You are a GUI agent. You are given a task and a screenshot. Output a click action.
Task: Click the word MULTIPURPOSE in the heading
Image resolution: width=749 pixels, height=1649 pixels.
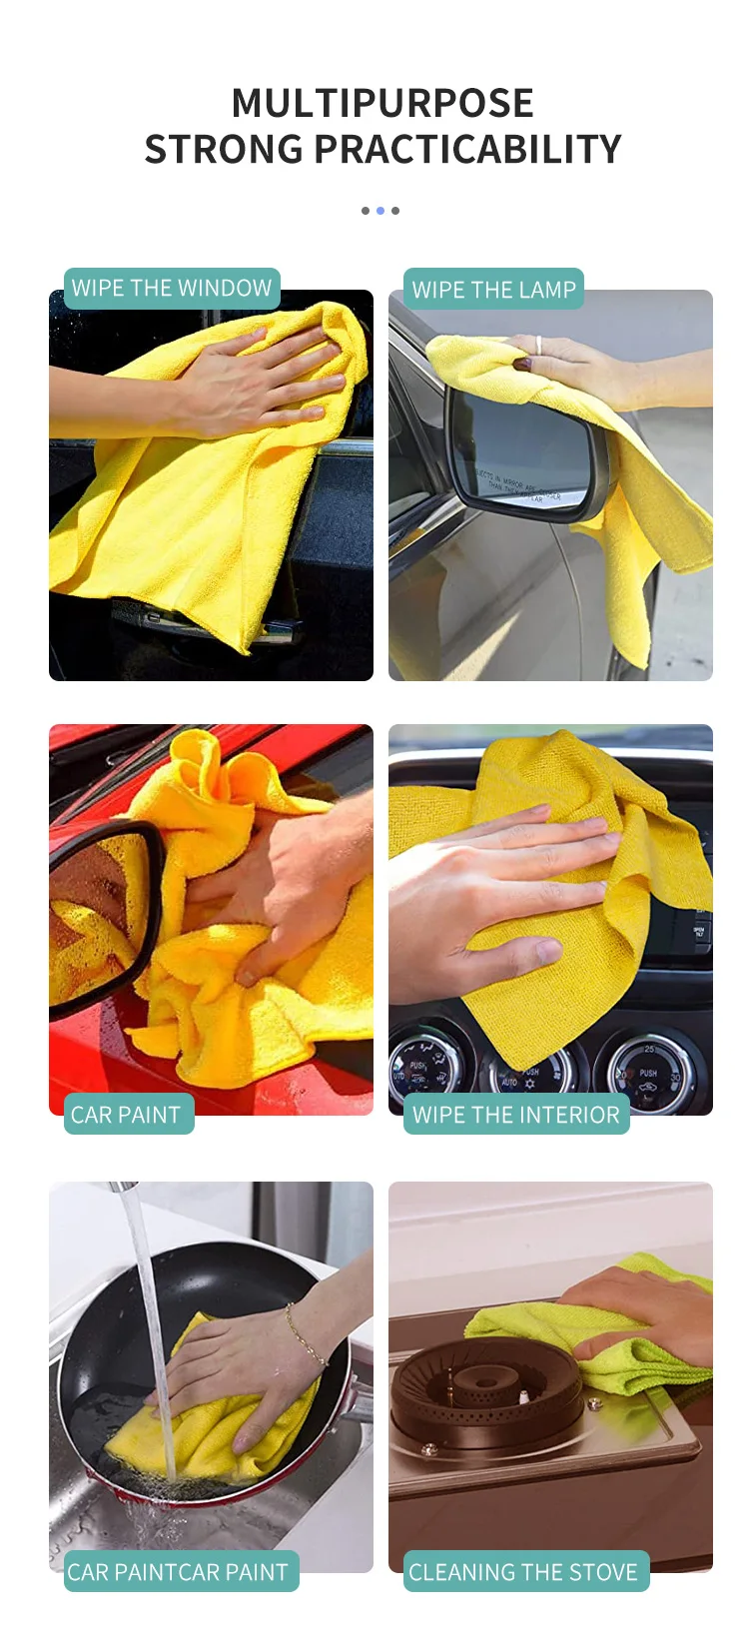click(382, 103)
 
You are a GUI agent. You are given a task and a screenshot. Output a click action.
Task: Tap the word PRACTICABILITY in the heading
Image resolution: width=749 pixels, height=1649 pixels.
click(467, 150)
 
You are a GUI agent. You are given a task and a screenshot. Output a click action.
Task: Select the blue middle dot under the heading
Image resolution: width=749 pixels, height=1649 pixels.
click(379, 211)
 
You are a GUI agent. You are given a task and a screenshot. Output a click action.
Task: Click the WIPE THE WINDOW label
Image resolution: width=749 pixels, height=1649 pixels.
click(172, 289)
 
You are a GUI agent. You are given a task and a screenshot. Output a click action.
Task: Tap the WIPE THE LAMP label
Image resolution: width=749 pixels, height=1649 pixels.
click(494, 290)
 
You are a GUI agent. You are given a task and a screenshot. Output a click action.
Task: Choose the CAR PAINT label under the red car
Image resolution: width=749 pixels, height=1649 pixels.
click(125, 1115)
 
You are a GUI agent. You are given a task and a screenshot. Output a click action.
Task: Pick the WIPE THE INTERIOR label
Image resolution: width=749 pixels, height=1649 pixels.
click(516, 1115)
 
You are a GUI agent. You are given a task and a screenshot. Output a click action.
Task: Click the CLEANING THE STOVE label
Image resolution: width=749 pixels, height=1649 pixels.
click(523, 1572)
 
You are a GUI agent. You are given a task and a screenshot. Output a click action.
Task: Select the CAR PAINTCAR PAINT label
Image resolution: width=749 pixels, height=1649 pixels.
click(178, 1572)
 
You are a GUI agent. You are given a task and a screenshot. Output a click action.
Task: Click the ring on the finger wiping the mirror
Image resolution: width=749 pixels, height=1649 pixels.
click(538, 345)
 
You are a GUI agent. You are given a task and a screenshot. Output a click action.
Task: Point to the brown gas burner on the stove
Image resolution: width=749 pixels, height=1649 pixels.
click(484, 1387)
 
